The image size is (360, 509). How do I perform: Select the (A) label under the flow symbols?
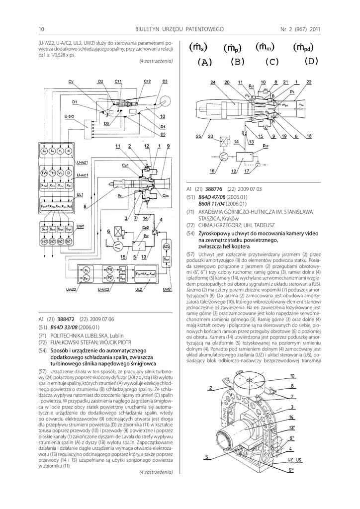click(204, 62)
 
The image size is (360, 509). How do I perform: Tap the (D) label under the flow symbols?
click(311, 62)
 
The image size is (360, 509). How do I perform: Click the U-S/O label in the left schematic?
click(70, 116)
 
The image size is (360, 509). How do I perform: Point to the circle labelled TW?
click(44, 172)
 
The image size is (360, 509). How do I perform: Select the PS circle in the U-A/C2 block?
click(110, 269)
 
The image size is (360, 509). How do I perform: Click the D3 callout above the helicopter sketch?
click(165, 81)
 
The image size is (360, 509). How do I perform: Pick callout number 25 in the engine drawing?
click(198, 136)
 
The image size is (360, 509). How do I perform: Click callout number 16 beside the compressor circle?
click(212, 171)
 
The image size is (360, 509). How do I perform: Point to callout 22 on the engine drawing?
click(309, 82)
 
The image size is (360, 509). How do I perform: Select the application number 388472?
click(65, 319)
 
